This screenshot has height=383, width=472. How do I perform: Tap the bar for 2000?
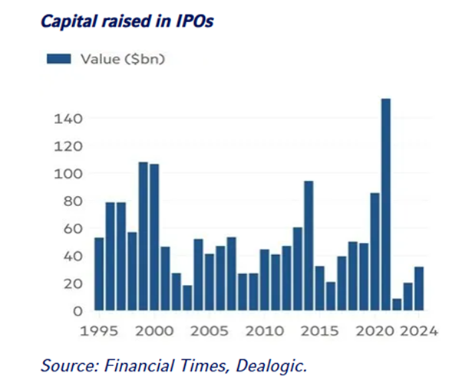click(154, 237)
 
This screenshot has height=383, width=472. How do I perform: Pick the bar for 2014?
click(309, 246)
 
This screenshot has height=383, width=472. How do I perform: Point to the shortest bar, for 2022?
click(397, 305)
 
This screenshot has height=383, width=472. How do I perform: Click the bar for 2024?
click(419, 289)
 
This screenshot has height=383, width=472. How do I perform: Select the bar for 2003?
click(187, 298)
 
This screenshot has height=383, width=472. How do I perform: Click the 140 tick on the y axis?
click(68, 119)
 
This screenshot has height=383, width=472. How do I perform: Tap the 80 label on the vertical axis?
click(72, 201)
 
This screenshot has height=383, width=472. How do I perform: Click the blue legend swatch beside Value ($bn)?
click(58, 59)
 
